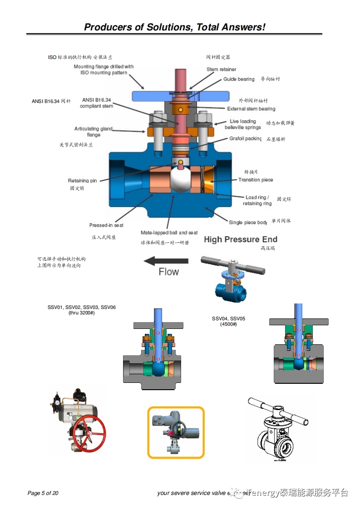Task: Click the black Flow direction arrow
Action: point(166,261)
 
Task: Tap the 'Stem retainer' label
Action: point(221,69)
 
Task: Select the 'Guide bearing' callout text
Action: point(239,79)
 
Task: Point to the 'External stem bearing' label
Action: point(251,109)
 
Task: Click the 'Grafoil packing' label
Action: point(245,139)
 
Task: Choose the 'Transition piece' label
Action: point(256,180)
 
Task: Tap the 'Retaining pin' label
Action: point(82,181)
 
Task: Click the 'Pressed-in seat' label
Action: point(106,225)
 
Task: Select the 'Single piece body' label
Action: point(248,222)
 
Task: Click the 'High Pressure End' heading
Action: point(241,240)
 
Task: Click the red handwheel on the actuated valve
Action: point(89,431)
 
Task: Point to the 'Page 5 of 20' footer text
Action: point(43,493)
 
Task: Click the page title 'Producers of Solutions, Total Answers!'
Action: point(174,27)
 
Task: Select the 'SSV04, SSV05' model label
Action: point(228,318)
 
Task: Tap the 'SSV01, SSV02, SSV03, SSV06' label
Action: point(82,307)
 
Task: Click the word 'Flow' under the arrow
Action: point(168,272)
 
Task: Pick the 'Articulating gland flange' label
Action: point(94,132)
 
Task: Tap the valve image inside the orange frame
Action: point(176,432)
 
